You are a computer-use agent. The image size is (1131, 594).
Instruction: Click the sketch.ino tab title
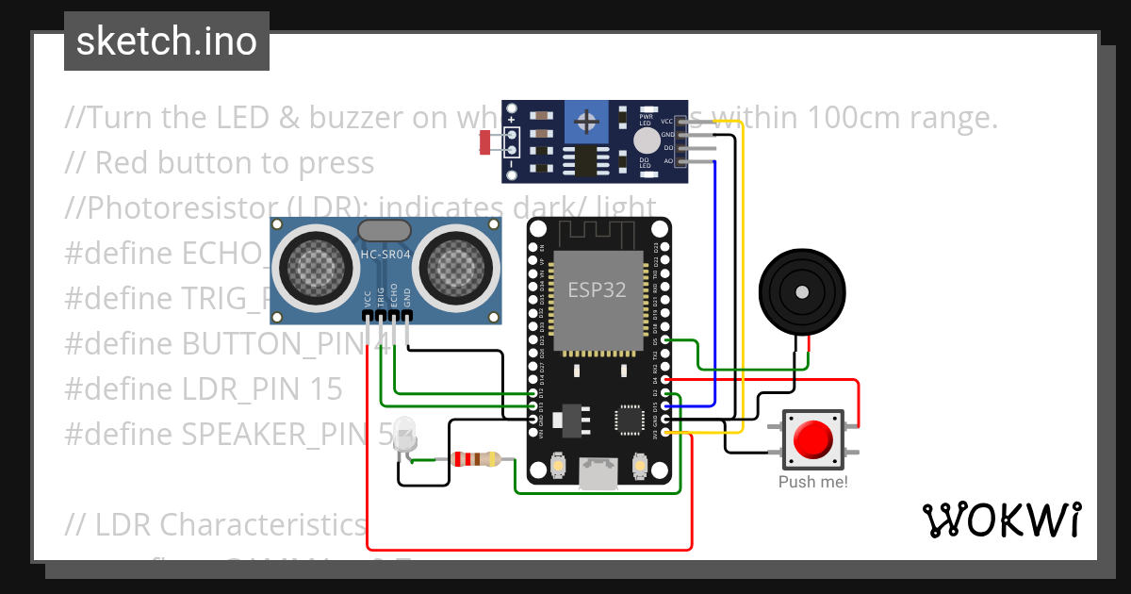click(166, 41)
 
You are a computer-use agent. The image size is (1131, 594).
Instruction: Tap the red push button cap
click(812, 439)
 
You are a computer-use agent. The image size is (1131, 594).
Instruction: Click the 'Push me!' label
click(812, 482)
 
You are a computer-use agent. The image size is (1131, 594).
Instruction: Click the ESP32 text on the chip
click(596, 289)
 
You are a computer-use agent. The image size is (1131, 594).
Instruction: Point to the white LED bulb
click(405, 432)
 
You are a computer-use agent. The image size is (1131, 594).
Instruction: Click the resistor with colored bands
click(476, 459)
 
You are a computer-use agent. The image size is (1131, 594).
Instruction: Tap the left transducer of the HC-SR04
click(313, 266)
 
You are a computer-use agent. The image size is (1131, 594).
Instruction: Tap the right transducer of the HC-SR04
click(457, 266)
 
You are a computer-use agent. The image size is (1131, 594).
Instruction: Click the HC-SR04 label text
click(385, 254)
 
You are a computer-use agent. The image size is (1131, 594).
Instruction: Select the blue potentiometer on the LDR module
click(588, 123)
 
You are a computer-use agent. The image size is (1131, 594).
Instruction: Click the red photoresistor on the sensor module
click(486, 142)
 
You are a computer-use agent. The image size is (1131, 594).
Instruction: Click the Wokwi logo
click(1001, 520)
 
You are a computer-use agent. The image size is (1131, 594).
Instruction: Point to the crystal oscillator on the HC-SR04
click(385, 230)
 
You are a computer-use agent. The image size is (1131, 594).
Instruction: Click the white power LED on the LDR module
click(646, 141)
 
